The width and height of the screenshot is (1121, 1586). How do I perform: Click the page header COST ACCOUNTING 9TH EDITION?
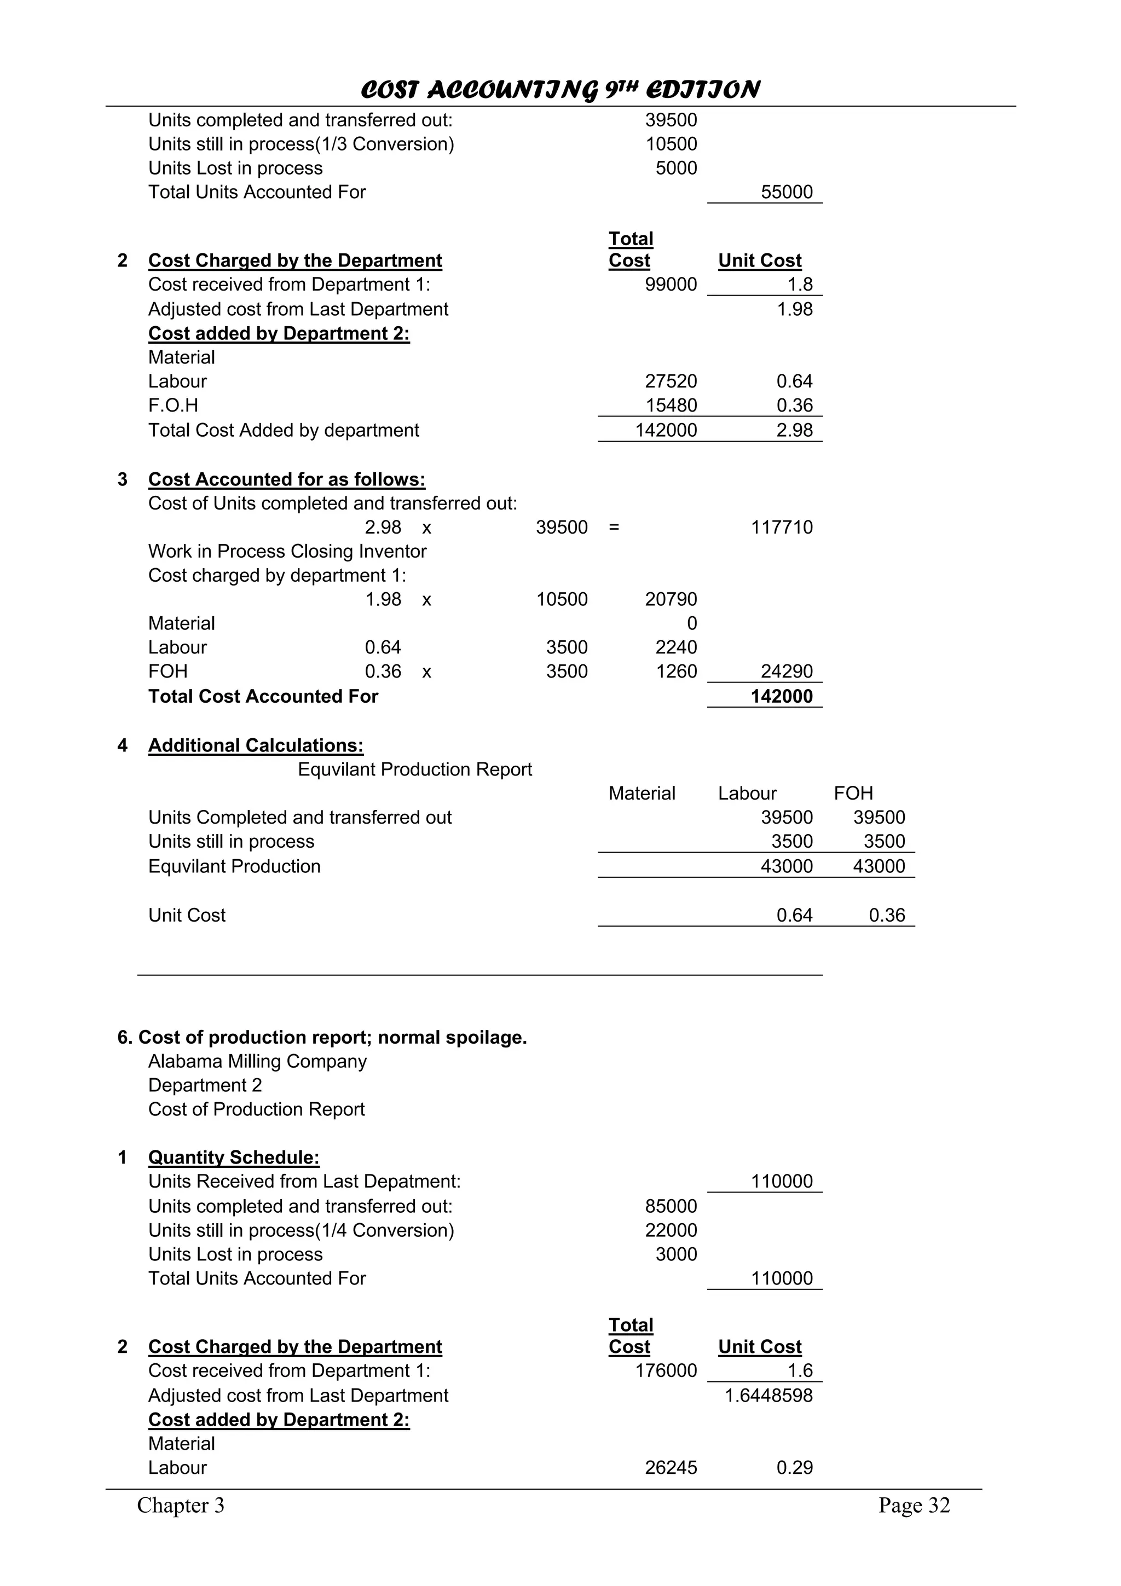pos(560,90)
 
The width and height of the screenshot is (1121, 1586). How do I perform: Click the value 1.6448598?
pos(768,1396)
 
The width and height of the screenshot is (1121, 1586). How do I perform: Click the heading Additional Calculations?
pos(256,745)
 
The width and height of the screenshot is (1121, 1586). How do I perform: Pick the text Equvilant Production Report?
pos(414,769)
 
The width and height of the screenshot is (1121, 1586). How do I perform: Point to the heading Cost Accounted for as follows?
pos(287,479)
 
